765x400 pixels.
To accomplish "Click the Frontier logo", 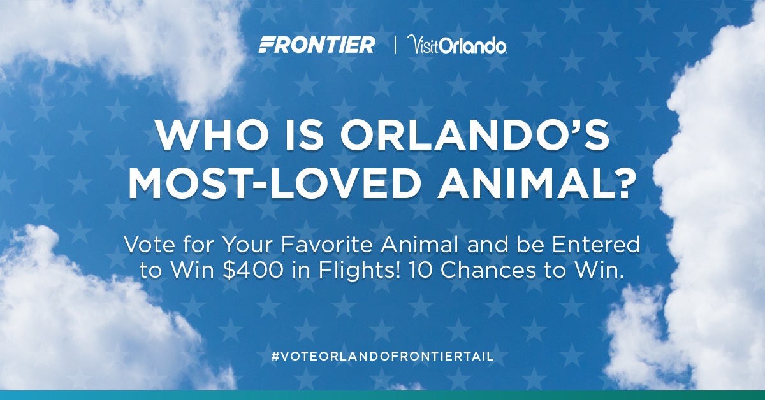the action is [x=317, y=45].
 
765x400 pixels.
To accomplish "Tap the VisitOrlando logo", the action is [x=457, y=45].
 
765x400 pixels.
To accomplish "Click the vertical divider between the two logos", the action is [x=395, y=45].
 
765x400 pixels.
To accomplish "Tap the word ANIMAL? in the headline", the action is [x=537, y=183].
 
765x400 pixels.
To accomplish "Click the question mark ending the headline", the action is [x=623, y=183].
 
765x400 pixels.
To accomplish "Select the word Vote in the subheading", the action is [x=149, y=245].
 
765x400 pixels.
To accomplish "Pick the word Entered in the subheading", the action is [x=596, y=245].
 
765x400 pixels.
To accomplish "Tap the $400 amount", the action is [x=252, y=270].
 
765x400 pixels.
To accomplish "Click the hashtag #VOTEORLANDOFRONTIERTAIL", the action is [x=382, y=356].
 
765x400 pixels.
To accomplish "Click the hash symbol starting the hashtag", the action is [x=275, y=356].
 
